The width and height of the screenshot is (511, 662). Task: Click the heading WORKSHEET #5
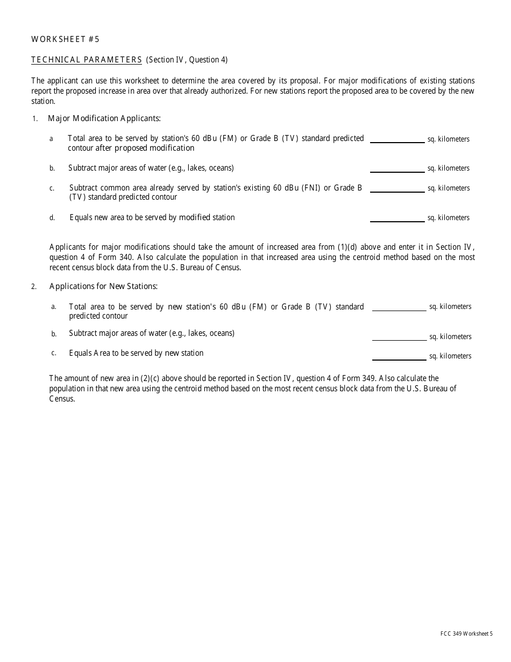65,39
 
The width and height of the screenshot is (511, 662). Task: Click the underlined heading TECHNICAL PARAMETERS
87,60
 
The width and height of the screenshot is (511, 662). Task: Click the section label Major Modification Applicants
104,118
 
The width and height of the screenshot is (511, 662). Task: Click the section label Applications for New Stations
103,286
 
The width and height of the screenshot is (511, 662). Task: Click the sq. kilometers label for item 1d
448,218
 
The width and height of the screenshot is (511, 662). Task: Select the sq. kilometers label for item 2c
450,356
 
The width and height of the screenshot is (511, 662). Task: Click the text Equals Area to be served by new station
136,353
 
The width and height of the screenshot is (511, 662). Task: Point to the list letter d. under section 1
52,218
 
